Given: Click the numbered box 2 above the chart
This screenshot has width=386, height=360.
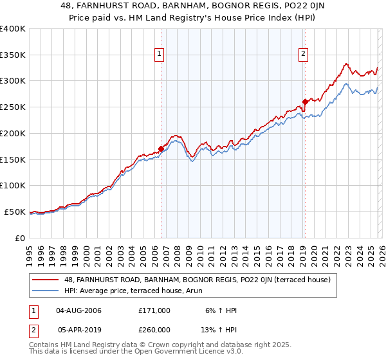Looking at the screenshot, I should [304, 55].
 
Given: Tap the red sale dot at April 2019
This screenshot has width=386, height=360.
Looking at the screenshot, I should [305, 101].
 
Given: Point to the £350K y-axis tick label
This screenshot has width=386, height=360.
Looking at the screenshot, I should [13, 55].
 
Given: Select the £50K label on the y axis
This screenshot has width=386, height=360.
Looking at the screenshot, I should [15, 212].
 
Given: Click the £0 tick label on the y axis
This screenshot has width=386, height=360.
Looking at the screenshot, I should [19, 238].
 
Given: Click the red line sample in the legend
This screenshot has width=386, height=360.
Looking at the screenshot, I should [46, 280].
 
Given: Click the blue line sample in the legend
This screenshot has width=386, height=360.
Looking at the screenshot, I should [46, 291].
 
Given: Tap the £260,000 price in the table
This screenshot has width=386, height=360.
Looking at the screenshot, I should [154, 329].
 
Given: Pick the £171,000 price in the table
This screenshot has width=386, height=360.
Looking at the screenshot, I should [154, 310].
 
